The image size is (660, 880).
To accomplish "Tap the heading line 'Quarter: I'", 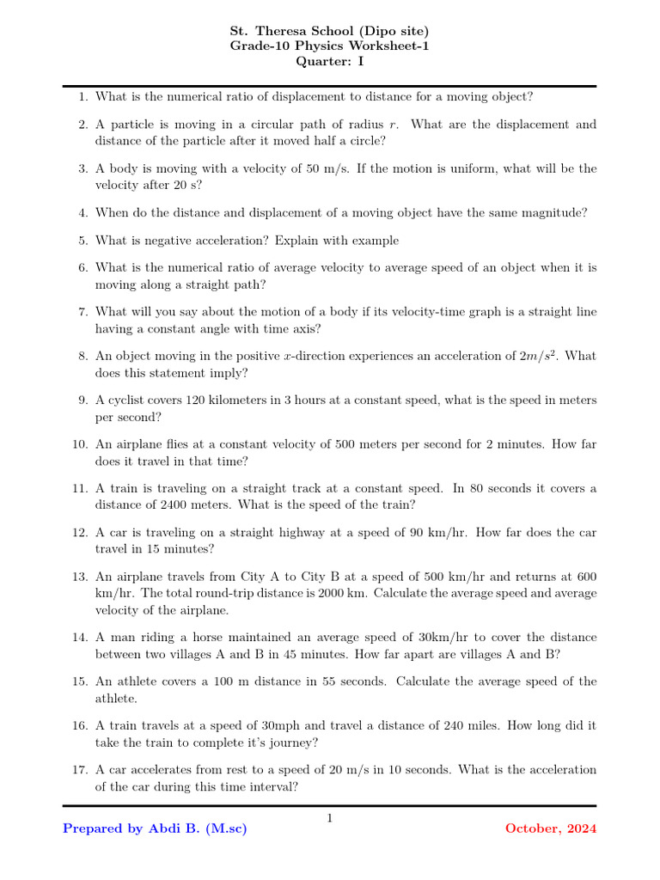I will coord(329,61).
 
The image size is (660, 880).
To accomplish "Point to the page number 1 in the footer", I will coord(329,818).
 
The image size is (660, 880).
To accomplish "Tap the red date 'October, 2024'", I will coord(550,829).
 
